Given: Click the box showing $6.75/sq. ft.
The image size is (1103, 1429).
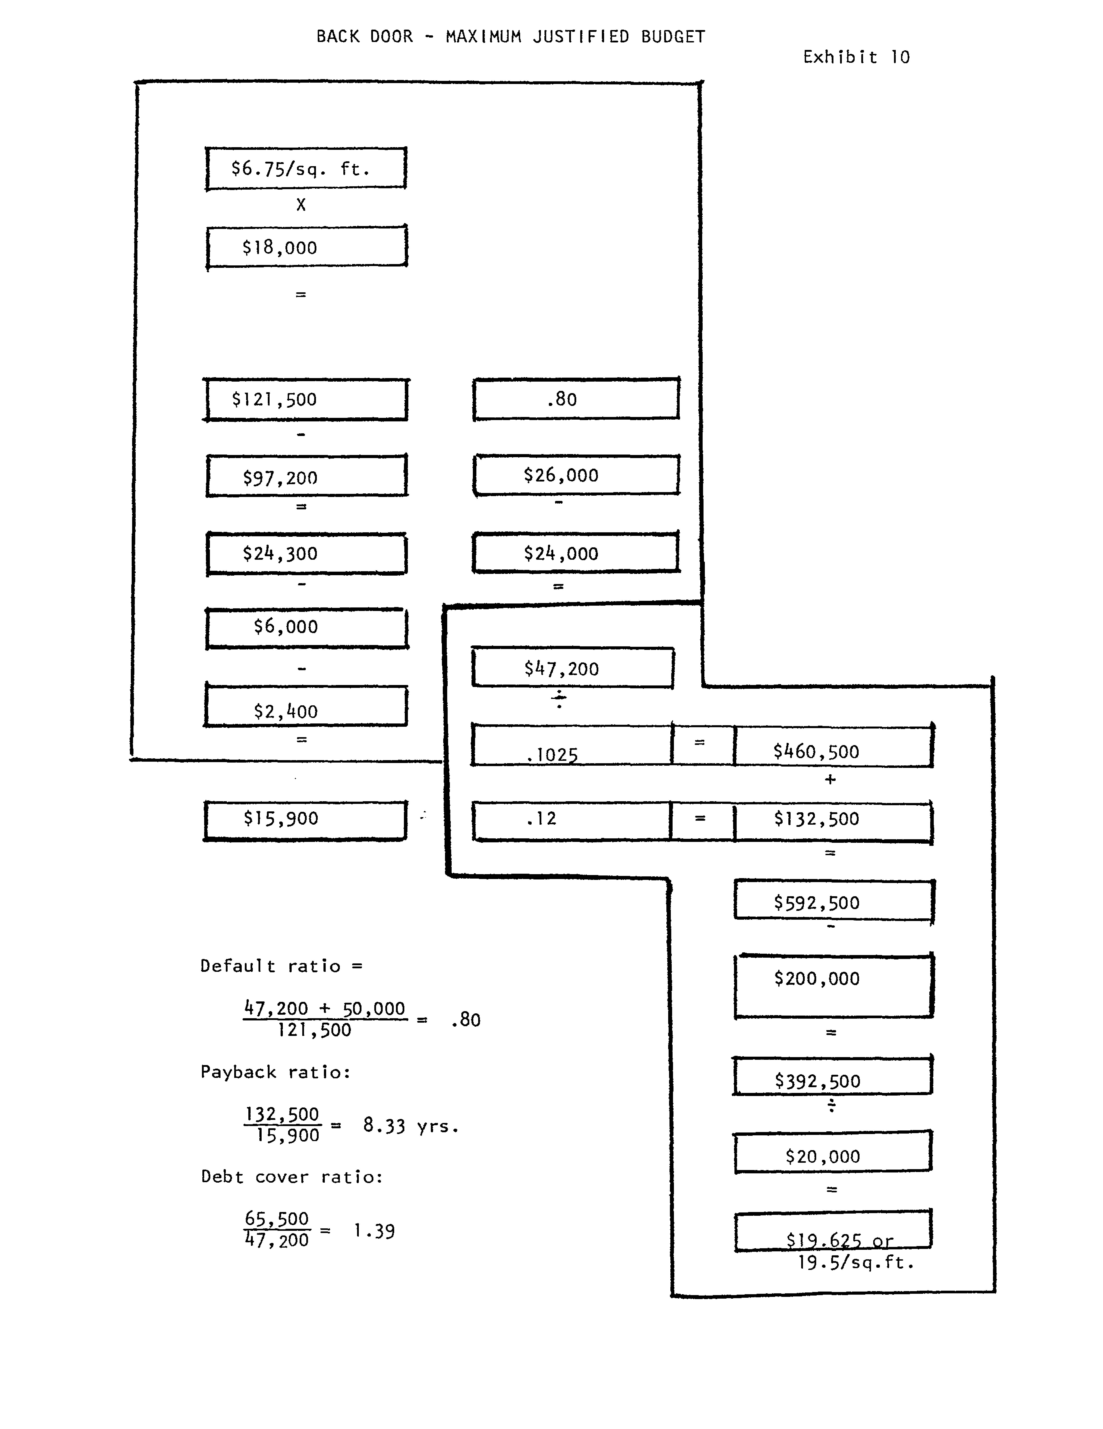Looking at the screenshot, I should [306, 169].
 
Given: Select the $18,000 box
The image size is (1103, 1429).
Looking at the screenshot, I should [306, 247].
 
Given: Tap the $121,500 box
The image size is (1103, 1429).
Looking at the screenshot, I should [306, 399].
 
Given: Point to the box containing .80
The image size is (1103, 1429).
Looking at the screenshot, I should [576, 398].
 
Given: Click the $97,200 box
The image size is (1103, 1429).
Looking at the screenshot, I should [306, 477].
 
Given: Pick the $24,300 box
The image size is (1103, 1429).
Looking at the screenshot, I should [306, 554].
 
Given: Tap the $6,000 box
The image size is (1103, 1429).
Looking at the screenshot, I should [306, 628].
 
